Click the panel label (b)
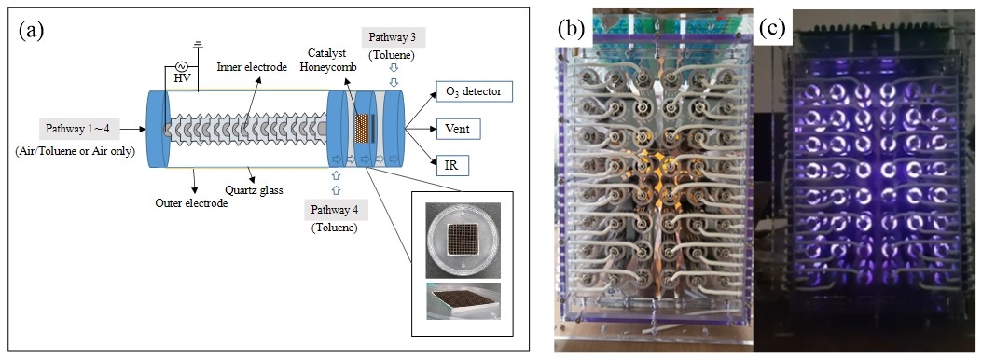pos(571,28)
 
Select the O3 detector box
pos(474,91)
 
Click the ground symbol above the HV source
pos(198,43)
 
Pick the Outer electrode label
pos(191,202)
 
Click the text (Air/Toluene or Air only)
pos(80,152)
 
